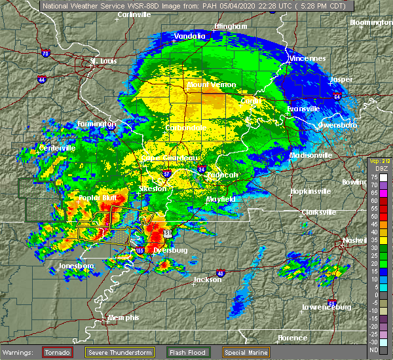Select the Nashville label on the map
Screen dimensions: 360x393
coord(354,242)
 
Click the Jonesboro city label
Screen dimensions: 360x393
coord(75,266)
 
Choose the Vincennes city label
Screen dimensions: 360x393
coord(307,58)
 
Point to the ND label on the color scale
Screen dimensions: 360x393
coord(374,349)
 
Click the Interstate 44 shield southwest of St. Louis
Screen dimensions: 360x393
coord(41,79)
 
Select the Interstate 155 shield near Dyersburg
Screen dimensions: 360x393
coord(140,250)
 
